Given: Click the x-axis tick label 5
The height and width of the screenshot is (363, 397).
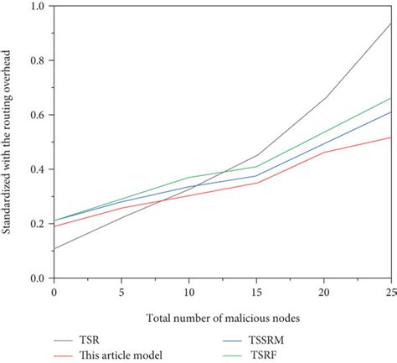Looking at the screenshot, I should point(121,291).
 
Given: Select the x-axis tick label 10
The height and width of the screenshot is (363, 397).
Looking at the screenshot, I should point(189,291).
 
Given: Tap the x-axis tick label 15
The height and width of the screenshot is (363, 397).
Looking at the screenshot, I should point(256,291).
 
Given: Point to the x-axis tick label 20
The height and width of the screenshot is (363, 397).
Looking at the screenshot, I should point(324,291).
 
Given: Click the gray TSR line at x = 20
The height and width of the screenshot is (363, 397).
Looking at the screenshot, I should point(324,98).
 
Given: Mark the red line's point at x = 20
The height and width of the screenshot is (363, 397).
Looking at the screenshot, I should point(324,152).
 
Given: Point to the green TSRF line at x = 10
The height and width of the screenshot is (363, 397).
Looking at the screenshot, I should point(189,178).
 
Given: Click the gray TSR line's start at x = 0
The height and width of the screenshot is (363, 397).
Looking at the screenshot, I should point(54,248).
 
